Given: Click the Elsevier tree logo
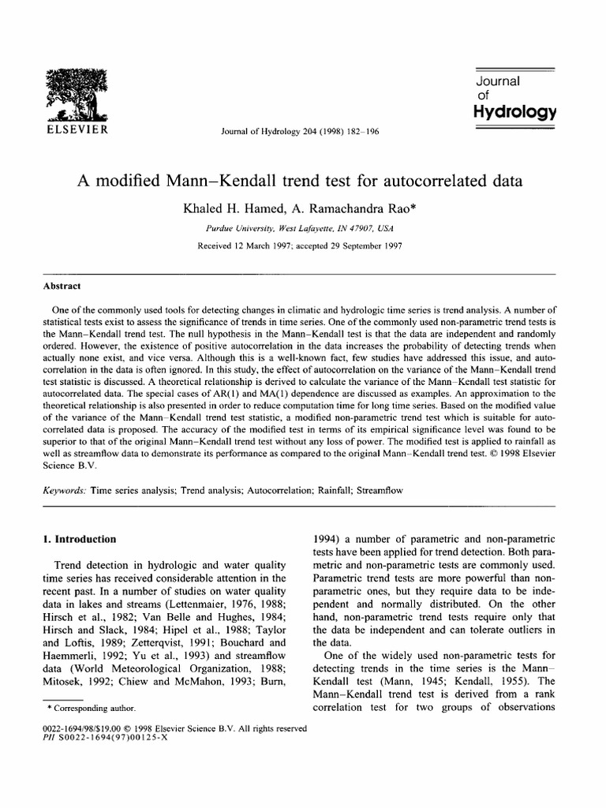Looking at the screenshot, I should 78,93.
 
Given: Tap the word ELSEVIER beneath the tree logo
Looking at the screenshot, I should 78,129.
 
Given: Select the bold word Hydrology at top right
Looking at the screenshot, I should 515,111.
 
